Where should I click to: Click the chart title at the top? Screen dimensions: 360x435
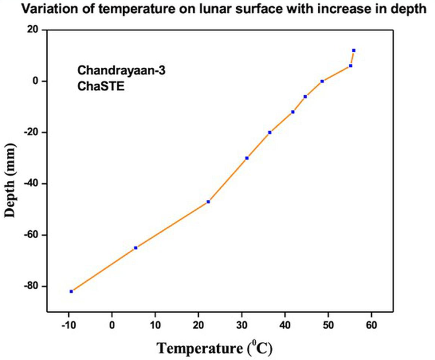tap(217, 8)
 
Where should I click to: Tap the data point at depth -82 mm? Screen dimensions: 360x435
tap(71, 291)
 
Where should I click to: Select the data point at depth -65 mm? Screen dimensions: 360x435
tap(136, 248)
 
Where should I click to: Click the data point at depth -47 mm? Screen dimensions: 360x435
tap(208, 202)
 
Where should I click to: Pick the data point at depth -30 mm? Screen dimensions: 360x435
tap(247, 158)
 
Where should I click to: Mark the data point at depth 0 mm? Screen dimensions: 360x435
tap(322, 81)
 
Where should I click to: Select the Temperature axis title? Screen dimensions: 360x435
tap(215, 346)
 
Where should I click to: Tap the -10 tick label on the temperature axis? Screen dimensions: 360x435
tap(68, 325)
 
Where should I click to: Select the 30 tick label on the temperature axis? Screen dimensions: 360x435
tap(242, 325)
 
